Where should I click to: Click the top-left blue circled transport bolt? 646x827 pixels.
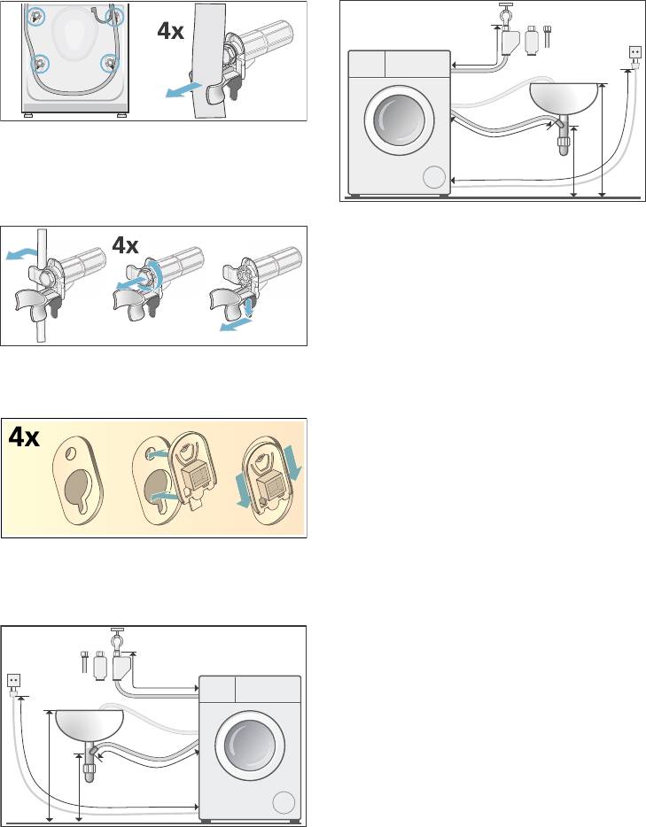coord(36,15)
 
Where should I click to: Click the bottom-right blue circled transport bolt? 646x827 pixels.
coord(110,63)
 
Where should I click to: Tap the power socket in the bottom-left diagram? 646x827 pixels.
coord(14,680)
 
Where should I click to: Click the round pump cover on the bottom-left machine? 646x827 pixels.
coord(283,803)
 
